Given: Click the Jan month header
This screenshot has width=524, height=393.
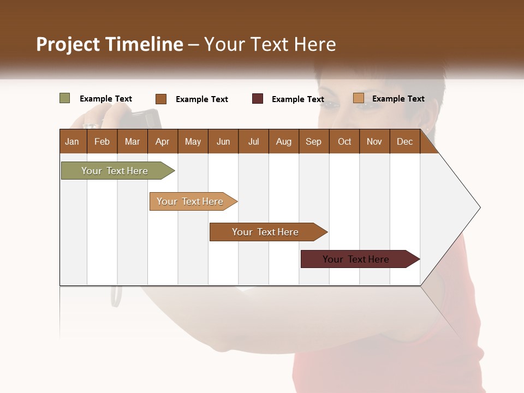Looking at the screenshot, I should [72, 141].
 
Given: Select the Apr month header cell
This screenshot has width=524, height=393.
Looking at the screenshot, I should [163, 141].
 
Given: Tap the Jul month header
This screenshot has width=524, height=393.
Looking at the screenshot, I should [253, 141].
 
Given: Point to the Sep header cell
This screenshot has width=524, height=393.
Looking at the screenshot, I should [313, 141].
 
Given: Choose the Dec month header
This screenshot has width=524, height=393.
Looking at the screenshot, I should [404, 141].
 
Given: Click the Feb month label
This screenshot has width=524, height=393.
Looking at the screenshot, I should [102, 141].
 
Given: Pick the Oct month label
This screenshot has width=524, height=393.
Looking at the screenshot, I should [344, 141].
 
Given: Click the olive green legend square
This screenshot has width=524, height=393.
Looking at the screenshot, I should [64, 98].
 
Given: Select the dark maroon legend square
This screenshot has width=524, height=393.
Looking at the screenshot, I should [258, 99].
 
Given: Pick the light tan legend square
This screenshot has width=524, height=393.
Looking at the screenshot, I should [358, 98].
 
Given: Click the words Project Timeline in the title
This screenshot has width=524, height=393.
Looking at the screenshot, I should [109, 44].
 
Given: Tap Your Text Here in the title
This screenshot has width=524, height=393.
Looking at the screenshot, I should [270, 44].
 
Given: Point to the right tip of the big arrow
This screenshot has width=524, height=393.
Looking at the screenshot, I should [479, 207].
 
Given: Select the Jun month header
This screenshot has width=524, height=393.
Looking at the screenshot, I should [223, 141].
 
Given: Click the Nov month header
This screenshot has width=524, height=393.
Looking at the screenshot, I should [374, 141].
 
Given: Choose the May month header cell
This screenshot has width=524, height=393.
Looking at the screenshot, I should [193, 141].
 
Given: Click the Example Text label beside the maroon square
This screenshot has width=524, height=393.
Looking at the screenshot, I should [298, 99].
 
